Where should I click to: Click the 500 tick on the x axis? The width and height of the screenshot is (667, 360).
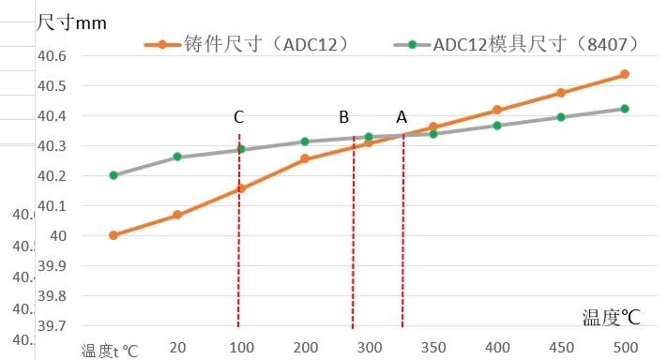tap(625, 346)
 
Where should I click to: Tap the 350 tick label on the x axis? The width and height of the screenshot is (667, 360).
tap(433, 346)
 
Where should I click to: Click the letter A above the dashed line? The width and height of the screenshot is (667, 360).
tap(402, 117)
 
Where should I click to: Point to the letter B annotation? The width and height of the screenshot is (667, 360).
tap(343, 117)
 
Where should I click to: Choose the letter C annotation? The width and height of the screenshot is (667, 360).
tap(239, 117)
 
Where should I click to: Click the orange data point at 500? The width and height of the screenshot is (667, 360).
tap(625, 74)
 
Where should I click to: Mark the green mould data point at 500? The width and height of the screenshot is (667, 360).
tap(625, 109)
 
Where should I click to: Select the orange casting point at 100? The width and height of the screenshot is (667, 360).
tap(240, 188)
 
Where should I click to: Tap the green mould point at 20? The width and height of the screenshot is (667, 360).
tap(176, 157)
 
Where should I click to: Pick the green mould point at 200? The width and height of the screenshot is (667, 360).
tap(305, 142)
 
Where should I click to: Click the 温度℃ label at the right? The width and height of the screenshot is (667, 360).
tap(610, 317)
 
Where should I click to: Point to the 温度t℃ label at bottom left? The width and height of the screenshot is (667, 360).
tap(110, 351)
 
